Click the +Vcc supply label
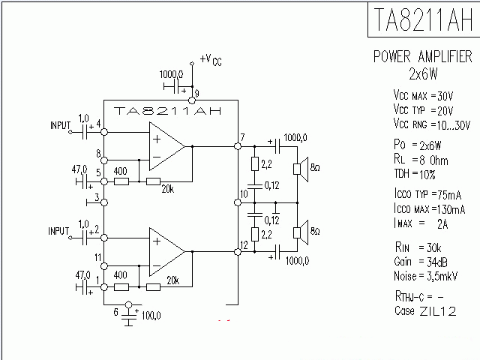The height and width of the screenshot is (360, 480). point(211,60)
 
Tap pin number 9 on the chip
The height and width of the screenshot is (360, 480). point(196,92)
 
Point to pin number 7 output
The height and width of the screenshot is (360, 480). point(241,136)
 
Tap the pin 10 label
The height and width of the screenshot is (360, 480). point(243,195)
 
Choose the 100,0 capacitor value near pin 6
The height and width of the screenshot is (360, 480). point(150,316)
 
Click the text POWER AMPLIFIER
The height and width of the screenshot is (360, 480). point(423,57)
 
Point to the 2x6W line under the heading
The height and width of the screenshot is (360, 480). point(423,74)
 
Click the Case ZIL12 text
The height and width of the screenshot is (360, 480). point(425,310)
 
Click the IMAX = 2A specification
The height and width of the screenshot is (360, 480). point(425,223)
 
